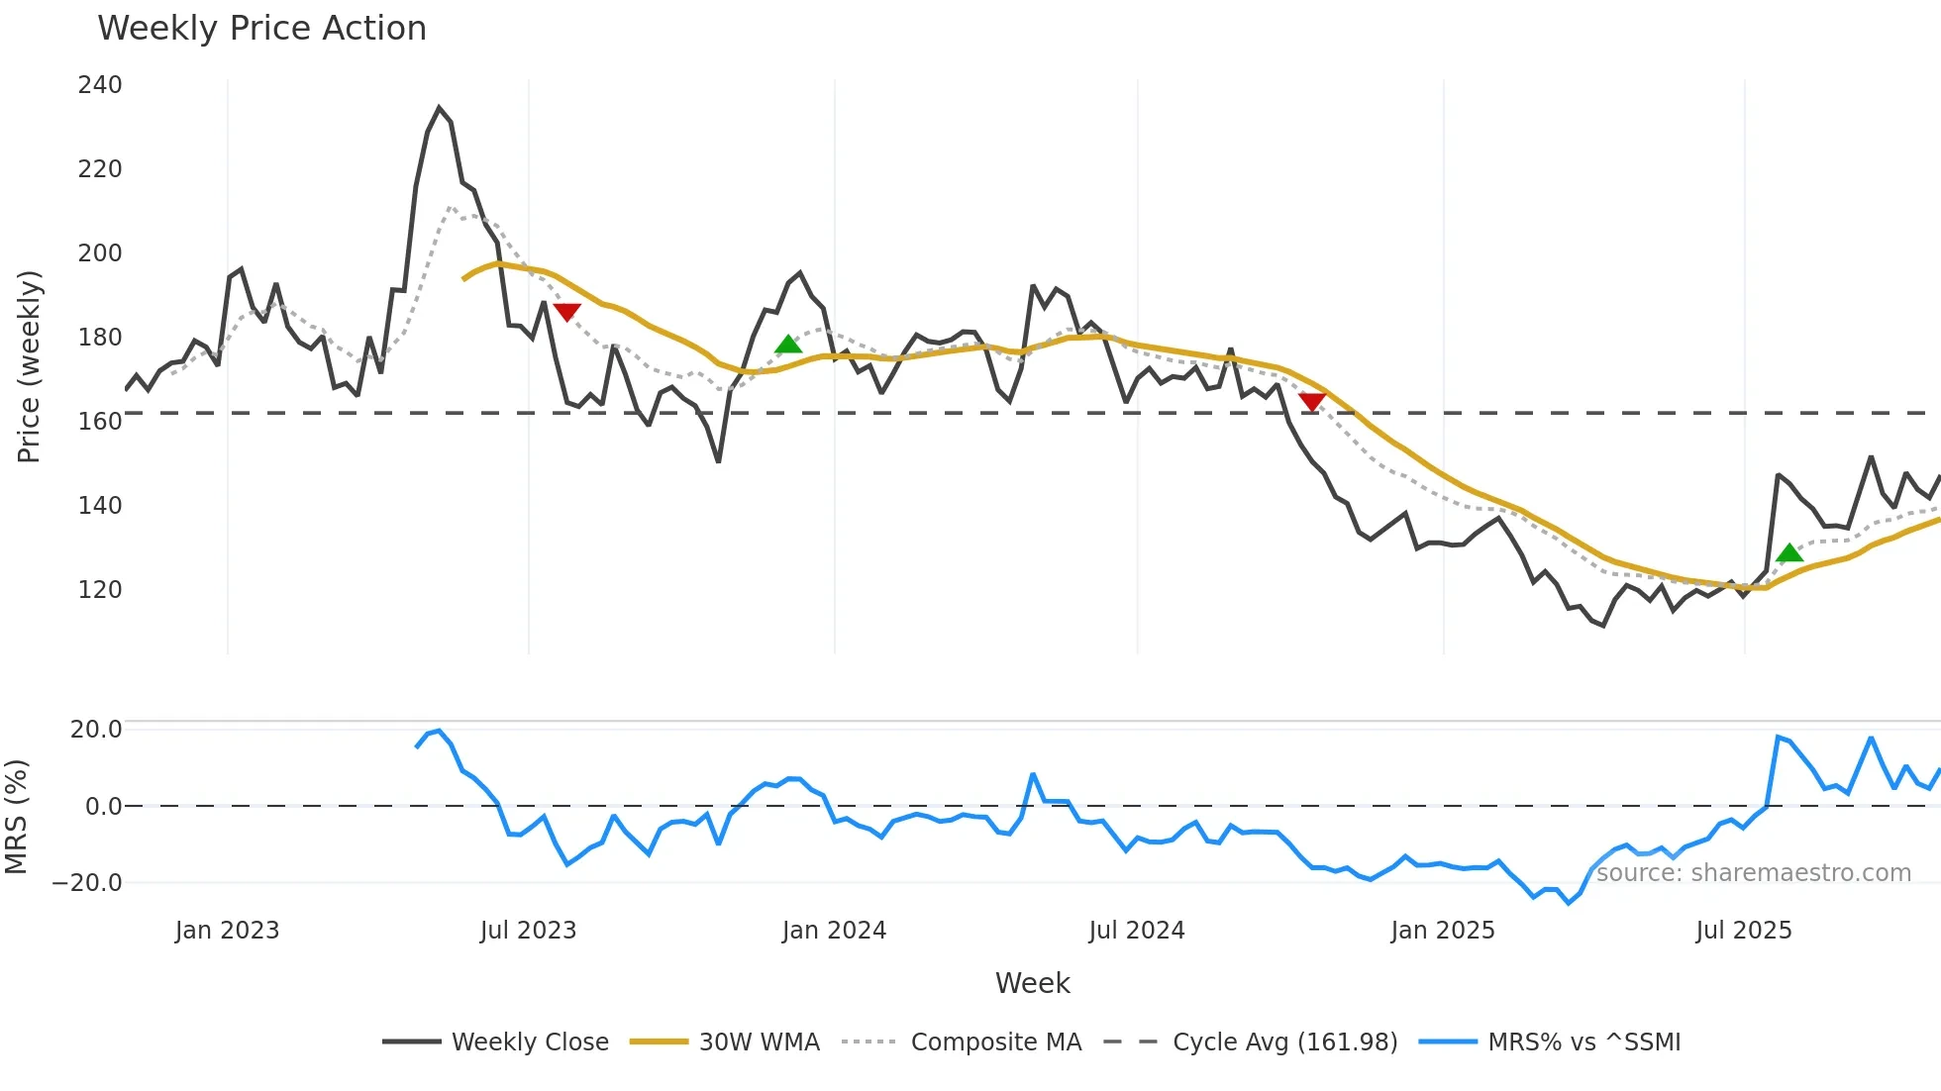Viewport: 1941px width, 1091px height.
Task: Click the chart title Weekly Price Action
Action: [x=261, y=29]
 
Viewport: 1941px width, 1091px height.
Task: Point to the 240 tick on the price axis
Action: [x=100, y=85]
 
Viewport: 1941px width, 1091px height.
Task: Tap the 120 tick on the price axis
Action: [x=100, y=590]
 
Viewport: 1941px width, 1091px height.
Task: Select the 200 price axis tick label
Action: [x=100, y=253]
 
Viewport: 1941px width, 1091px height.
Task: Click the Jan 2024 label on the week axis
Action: [x=834, y=931]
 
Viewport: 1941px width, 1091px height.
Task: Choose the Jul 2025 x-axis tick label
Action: [x=1743, y=931]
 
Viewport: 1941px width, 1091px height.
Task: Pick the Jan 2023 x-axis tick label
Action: [x=227, y=931]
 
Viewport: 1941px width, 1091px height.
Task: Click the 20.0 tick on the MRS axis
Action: [x=96, y=730]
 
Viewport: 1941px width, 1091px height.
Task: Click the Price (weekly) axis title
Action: [x=30, y=366]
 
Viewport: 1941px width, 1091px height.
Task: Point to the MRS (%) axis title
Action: [x=16, y=817]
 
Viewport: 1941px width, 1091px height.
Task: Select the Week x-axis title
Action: [x=1032, y=983]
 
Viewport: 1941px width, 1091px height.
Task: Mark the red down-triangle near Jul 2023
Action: [x=566, y=312]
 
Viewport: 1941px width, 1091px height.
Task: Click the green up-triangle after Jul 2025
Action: [x=1789, y=553]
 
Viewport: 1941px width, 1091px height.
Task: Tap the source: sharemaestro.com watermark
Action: [x=1753, y=873]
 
